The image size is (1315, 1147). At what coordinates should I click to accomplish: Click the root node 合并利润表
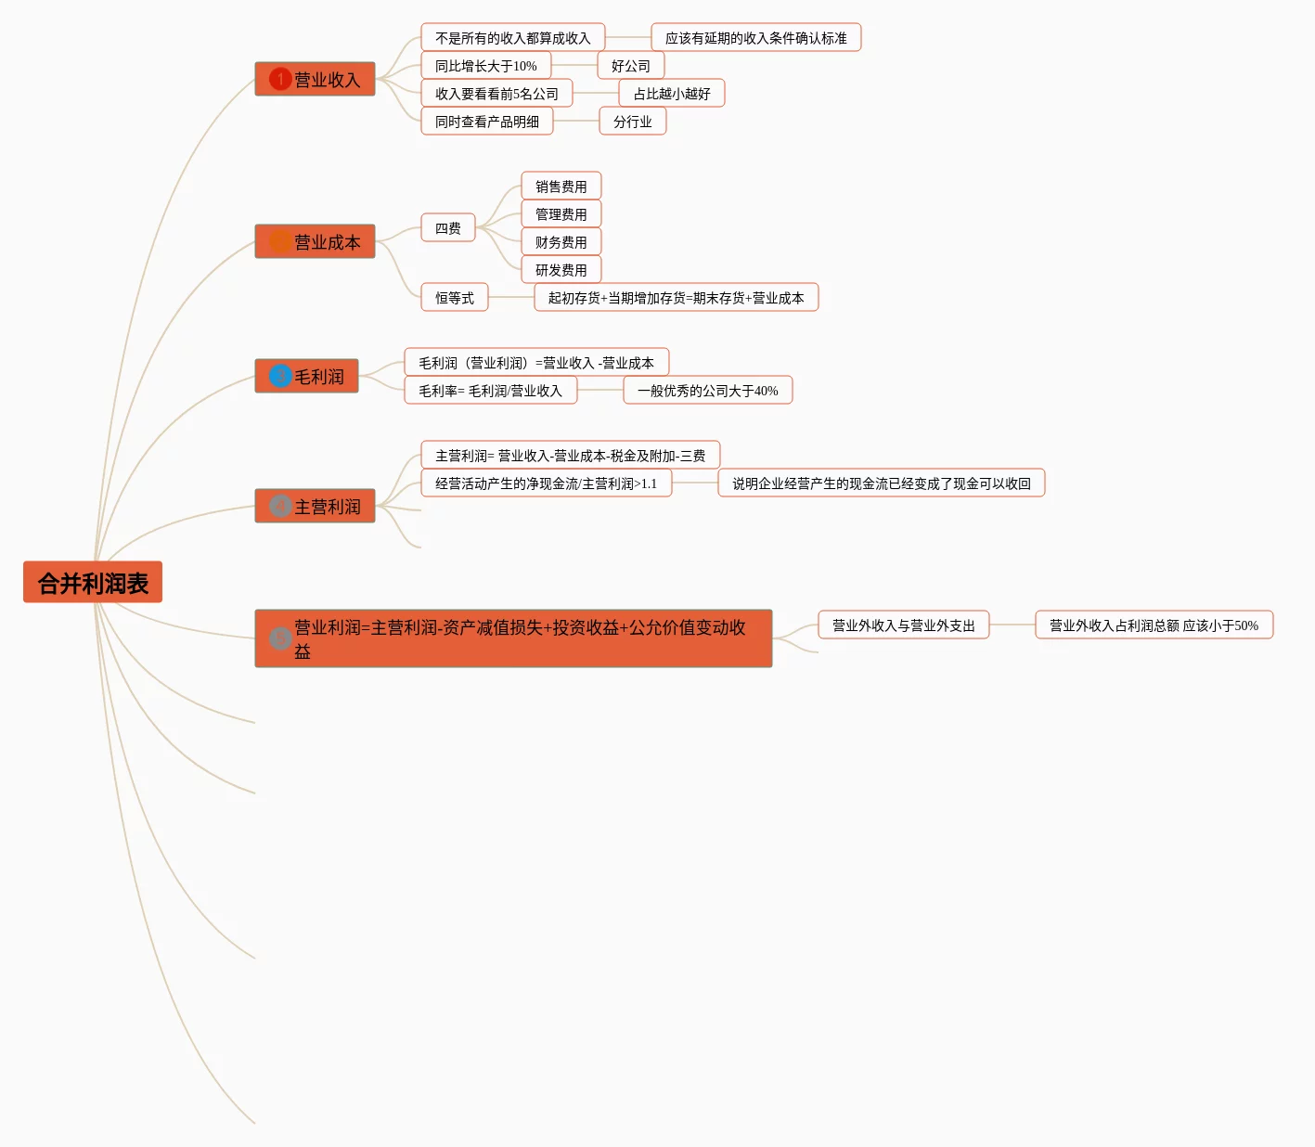(93, 583)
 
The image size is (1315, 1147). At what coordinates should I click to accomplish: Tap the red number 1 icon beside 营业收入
(280, 79)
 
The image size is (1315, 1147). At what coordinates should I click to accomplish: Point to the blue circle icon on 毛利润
(280, 376)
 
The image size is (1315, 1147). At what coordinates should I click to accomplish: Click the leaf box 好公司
(631, 66)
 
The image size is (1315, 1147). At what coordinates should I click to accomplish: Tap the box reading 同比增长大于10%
(485, 66)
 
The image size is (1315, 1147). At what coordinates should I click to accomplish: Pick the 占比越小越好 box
(672, 94)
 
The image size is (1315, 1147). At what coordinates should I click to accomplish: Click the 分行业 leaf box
(633, 122)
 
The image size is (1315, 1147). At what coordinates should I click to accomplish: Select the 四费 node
(448, 228)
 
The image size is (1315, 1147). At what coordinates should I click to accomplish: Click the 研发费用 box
(561, 270)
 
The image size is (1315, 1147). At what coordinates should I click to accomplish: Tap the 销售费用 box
(561, 187)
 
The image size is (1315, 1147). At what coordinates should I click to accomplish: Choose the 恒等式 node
(455, 298)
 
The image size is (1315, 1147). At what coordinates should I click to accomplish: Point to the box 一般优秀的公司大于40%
(708, 391)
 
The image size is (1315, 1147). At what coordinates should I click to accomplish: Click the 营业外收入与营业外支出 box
(904, 625)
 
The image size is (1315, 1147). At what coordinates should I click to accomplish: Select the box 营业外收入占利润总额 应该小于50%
(1154, 625)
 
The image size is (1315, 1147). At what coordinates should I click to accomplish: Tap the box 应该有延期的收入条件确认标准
(756, 38)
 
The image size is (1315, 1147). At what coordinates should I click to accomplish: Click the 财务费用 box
(561, 242)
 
